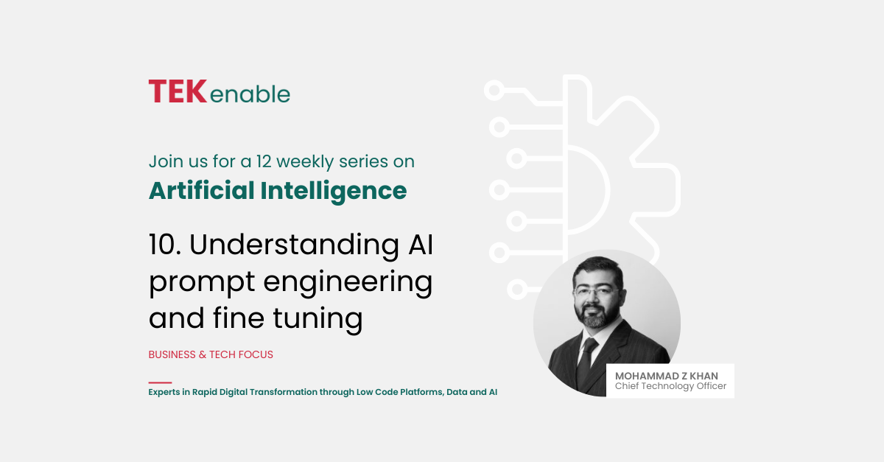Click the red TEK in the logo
click(178, 91)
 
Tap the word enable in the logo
click(250, 94)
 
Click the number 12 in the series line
click(263, 161)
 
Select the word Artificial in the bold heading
click(201, 191)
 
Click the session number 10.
click(164, 245)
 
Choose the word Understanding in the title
click(294, 245)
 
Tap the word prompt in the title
click(202, 283)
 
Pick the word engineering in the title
click(348, 283)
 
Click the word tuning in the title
click(318, 319)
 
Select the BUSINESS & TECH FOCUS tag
click(211, 354)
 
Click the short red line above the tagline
click(160, 382)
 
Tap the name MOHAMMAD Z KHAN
click(667, 376)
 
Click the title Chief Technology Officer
click(670, 386)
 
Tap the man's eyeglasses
click(597, 293)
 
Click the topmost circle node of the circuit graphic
click(494, 90)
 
